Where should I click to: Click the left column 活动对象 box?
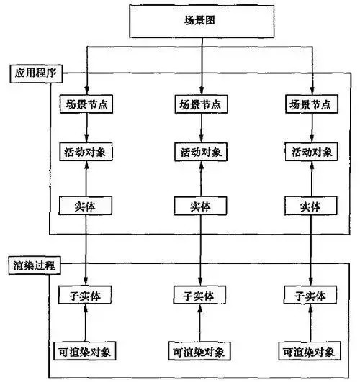(x=86, y=153)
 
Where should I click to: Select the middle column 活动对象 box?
(x=201, y=153)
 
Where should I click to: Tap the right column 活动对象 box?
(x=312, y=153)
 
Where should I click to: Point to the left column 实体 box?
(x=86, y=206)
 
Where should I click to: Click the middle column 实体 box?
(x=201, y=206)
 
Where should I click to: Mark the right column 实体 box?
(x=312, y=206)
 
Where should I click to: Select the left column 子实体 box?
(x=86, y=295)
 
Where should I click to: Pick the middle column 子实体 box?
(x=201, y=295)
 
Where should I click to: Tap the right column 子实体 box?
(x=312, y=295)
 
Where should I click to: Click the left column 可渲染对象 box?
(x=86, y=352)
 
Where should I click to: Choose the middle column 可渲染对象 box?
(x=201, y=352)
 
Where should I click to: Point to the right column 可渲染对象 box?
(x=312, y=352)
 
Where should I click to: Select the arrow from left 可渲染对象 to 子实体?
(x=86, y=324)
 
